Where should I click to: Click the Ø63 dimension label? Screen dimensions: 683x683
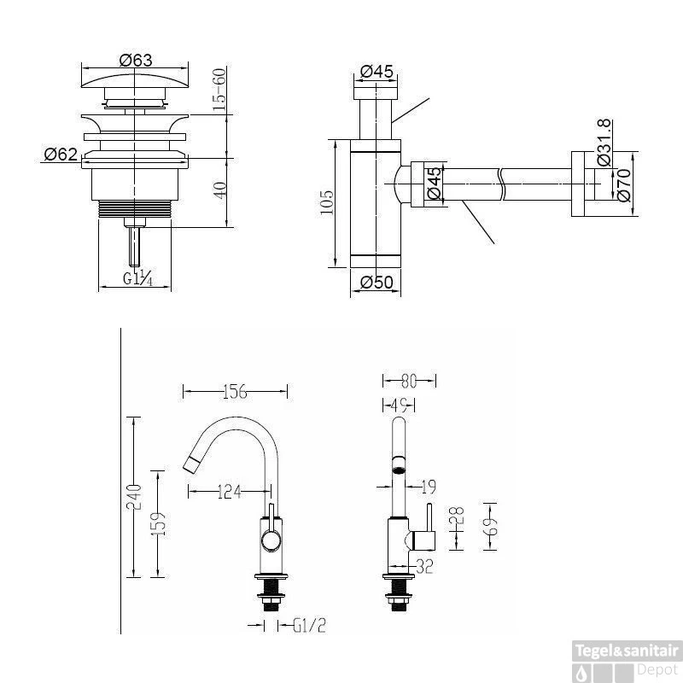[136, 60]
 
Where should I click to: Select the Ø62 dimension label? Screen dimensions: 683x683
[61, 155]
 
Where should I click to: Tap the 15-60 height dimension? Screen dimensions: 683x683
[220, 90]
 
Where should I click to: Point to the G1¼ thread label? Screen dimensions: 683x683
[137, 278]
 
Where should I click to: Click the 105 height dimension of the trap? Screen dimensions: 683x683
[327, 202]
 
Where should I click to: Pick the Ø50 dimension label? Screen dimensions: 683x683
[377, 283]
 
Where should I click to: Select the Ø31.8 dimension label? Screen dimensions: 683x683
[604, 143]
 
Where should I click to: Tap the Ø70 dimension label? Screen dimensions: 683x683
[624, 184]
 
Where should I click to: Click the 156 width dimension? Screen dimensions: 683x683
[236, 392]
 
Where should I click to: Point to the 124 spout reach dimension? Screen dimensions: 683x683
[229, 493]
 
